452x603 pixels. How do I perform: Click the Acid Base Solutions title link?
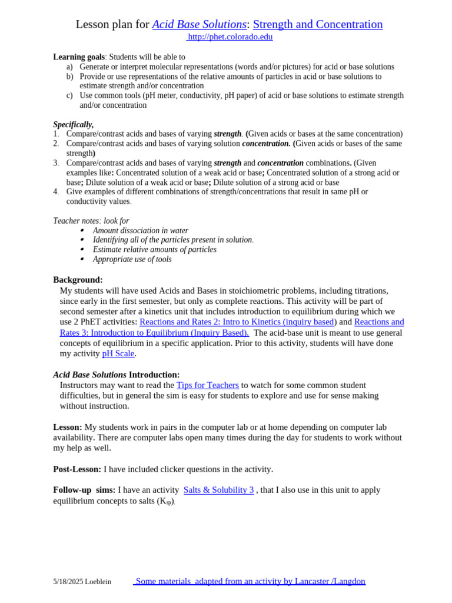click(x=199, y=24)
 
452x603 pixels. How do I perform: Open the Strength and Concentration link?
click(x=318, y=24)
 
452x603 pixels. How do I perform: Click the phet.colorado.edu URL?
click(x=230, y=37)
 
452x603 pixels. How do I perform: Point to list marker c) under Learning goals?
click(x=69, y=95)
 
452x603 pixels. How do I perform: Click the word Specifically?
click(x=74, y=124)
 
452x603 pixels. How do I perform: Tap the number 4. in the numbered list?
click(x=56, y=191)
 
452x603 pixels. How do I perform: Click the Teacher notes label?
click(x=76, y=221)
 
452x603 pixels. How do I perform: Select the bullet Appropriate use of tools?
click(x=132, y=259)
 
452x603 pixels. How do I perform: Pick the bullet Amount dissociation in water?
click(x=140, y=230)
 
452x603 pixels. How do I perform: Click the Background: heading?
click(x=78, y=280)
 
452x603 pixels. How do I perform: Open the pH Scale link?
click(x=118, y=353)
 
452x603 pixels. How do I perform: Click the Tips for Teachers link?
click(x=208, y=385)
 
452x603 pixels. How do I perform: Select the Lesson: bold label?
click(x=68, y=427)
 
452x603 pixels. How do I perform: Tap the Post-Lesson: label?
click(x=77, y=469)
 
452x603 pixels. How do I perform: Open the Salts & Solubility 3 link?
click(x=218, y=490)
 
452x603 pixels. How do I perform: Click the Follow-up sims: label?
click(x=84, y=490)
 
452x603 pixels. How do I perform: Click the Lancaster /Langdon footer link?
click(x=250, y=581)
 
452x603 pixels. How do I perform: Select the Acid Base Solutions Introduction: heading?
click(x=117, y=375)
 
